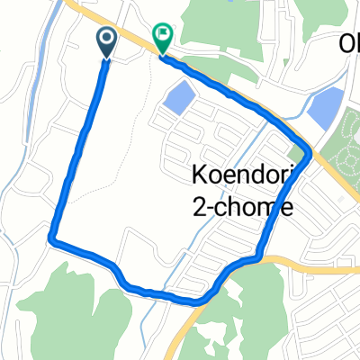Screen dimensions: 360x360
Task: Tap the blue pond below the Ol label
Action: (x=323, y=109)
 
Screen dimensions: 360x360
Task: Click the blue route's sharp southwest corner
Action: (x=53, y=239)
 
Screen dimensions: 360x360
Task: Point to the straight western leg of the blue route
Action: (x=79, y=144)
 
